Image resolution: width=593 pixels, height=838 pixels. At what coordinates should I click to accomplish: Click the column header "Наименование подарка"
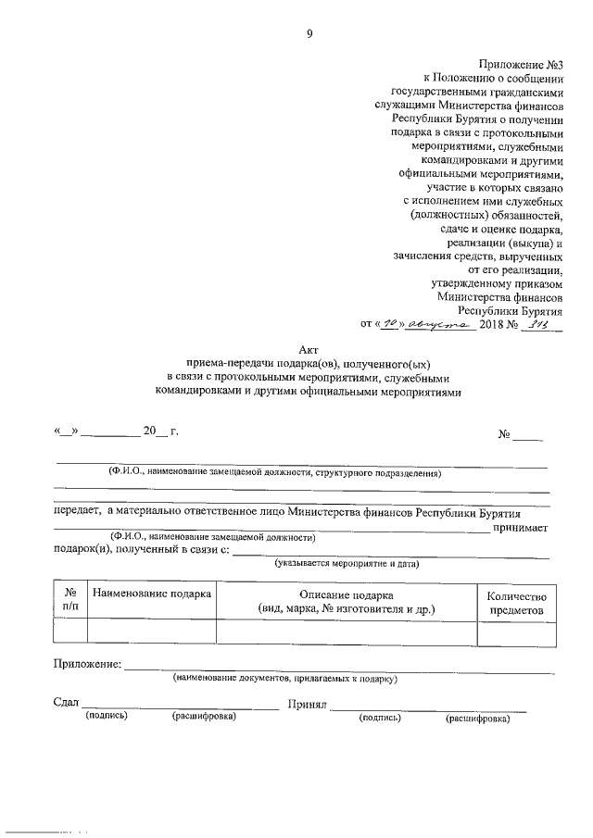click(x=152, y=594)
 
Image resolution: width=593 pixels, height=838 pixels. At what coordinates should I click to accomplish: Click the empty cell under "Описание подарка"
click(x=347, y=631)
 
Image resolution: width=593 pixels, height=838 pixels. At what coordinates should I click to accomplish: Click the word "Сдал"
click(x=67, y=704)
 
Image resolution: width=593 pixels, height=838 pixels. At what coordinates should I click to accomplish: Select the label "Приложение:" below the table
click(x=87, y=664)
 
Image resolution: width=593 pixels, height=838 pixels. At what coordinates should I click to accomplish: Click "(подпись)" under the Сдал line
click(x=106, y=717)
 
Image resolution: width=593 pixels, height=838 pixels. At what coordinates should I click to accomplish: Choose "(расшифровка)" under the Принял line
click(x=477, y=718)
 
